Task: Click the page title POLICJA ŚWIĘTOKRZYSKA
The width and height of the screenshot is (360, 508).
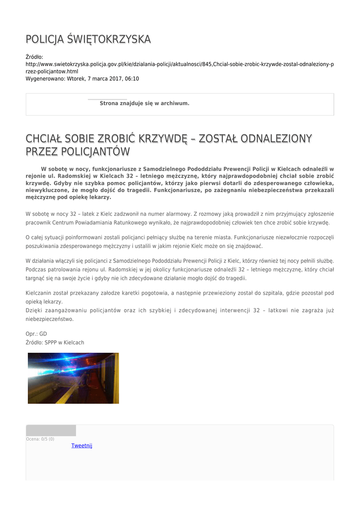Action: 88,39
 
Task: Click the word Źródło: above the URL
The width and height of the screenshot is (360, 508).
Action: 35,57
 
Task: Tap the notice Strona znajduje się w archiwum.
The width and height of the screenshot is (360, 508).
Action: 144,103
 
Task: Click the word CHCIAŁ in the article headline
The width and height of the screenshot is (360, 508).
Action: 46,138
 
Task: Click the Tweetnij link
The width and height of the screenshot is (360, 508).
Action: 82,445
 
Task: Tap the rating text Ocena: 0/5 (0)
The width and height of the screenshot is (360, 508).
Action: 40,439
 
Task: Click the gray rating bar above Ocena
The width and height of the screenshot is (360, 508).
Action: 51,430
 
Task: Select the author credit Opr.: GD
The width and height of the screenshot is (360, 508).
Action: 36,334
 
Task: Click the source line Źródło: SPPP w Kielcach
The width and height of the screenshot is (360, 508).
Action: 55,343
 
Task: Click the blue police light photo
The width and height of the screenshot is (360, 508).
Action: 73,378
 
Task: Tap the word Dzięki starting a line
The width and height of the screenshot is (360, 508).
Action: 34,311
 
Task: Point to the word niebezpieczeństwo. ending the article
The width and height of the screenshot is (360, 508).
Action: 50,319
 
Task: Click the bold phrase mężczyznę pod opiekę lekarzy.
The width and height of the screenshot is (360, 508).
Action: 68,197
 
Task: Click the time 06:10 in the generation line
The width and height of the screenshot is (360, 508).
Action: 132,79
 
